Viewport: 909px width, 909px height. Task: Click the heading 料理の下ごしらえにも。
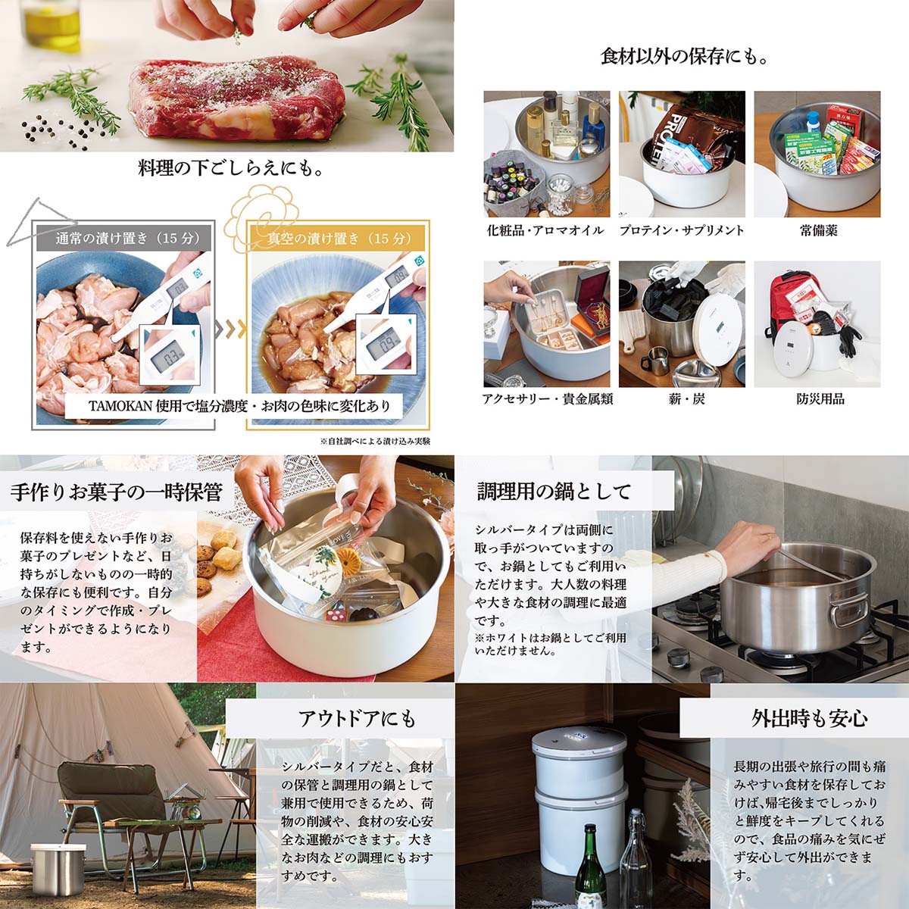[x=230, y=168]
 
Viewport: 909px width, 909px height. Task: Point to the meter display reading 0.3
[x=173, y=355]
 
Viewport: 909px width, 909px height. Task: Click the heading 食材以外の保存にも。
[x=683, y=57]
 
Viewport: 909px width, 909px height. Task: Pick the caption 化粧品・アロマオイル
[x=545, y=230]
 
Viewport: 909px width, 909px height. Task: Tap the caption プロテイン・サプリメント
[x=682, y=230]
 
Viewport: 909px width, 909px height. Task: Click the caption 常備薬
[x=818, y=230]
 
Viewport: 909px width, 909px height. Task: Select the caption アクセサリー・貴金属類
[x=547, y=398]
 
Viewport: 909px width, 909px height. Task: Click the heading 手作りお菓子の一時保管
[x=117, y=492]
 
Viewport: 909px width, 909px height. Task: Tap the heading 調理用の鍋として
[x=554, y=492]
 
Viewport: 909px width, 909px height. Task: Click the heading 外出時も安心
[x=809, y=718]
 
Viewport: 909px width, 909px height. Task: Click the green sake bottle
[x=590, y=868]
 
